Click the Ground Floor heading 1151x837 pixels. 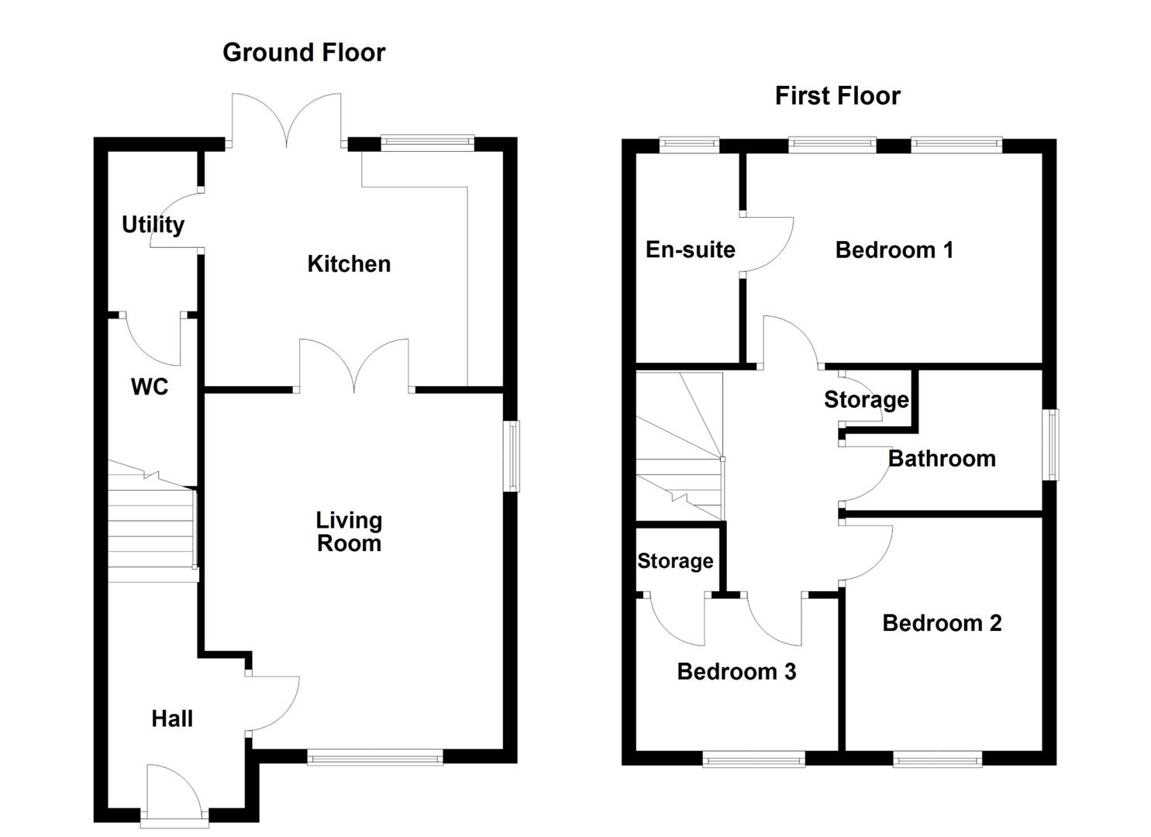304,53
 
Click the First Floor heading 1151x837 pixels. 838,96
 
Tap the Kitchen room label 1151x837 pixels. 349,264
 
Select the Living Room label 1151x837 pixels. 349,532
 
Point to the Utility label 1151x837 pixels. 153,225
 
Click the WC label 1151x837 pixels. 150,387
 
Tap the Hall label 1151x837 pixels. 172,719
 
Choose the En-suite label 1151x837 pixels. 690,250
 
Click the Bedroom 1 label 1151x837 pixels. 894,250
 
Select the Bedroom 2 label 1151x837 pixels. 942,623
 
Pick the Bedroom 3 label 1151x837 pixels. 736,672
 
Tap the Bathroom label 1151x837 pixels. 942,459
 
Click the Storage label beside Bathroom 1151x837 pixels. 867,400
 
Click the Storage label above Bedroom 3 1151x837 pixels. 675,561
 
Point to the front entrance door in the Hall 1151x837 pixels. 174,797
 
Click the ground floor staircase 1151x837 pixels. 153,522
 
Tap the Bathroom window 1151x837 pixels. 1050,444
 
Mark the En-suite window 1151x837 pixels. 689,145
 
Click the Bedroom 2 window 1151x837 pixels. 937,759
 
